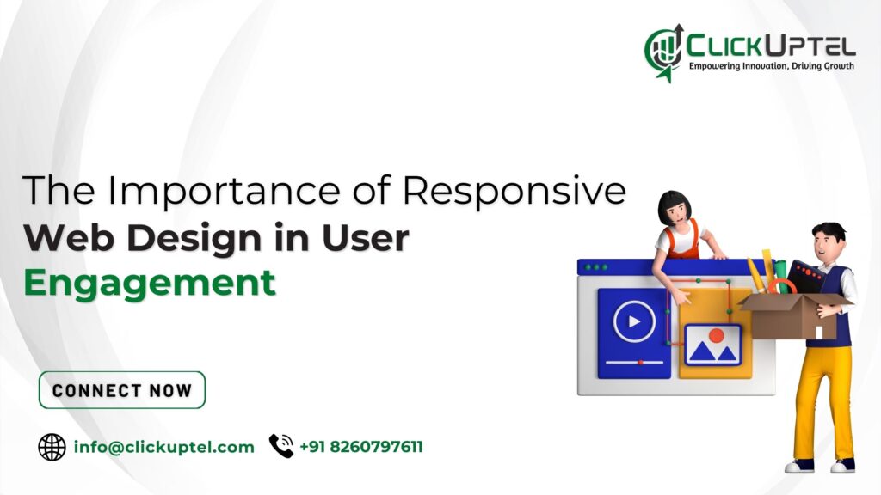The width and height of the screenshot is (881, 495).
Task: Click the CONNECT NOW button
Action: tap(122, 390)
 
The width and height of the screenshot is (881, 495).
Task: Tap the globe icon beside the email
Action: tap(52, 447)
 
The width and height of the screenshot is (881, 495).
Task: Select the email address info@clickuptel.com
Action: tap(164, 447)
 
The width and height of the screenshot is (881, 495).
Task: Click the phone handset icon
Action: tap(281, 446)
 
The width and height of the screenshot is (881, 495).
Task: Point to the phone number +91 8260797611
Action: tap(361, 447)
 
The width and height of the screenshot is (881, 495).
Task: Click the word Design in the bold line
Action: tap(195, 239)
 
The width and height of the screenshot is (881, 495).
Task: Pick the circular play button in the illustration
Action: tap(634, 321)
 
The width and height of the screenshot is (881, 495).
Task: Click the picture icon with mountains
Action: tap(712, 345)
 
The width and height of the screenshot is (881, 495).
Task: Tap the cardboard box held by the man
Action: tap(796, 316)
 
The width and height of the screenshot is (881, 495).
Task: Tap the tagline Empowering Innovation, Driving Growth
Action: tap(771, 66)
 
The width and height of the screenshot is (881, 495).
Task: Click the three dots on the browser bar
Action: tap(596, 267)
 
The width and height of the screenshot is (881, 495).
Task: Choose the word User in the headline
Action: tap(365, 239)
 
